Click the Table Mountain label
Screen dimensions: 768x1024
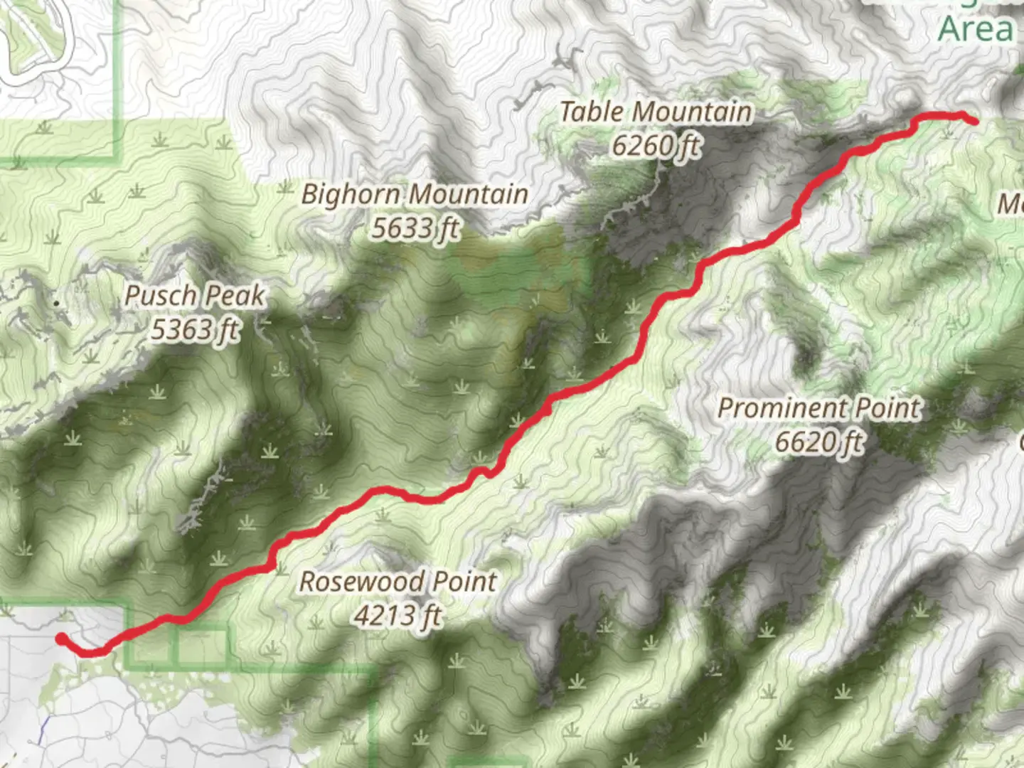[655, 112]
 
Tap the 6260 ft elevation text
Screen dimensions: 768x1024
[656, 146]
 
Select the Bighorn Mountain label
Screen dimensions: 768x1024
[415, 194]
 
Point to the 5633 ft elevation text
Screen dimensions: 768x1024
[415, 228]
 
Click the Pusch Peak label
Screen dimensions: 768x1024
[194, 296]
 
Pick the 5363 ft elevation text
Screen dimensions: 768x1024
[195, 330]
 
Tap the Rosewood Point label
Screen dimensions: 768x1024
[398, 582]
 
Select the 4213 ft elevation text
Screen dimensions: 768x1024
[398, 615]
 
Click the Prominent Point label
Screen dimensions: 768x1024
[818, 408]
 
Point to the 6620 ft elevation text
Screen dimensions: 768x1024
[818, 442]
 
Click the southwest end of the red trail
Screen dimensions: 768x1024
[62, 638]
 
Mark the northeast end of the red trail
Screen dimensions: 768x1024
[973, 121]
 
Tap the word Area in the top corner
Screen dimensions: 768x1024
[976, 30]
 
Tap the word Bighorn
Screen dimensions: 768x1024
[353, 194]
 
